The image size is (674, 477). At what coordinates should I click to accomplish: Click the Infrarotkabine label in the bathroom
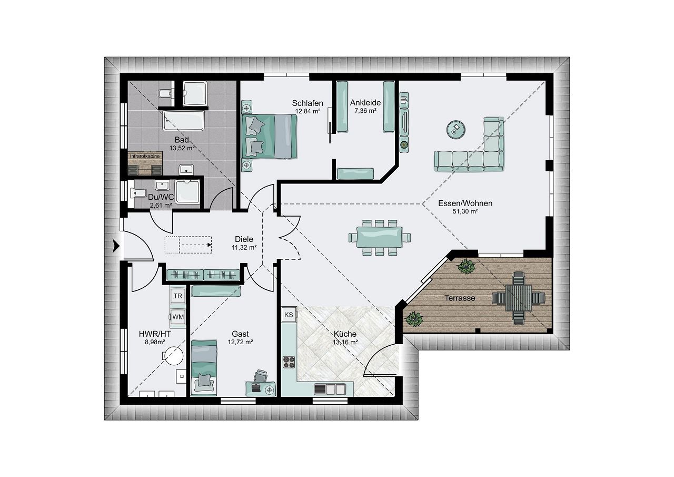145,157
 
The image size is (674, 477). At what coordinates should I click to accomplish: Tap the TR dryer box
178,296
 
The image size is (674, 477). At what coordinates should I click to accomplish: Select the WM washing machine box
178,317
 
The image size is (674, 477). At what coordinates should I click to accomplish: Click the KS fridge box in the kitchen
289,315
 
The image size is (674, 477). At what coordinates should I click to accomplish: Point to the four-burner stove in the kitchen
289,362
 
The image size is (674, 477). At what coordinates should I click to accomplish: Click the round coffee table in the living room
456,130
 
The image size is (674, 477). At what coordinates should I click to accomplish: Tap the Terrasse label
460,298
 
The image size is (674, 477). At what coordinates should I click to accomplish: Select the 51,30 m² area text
465,211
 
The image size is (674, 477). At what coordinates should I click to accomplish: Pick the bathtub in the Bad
184,121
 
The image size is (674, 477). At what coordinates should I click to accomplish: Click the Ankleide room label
365,103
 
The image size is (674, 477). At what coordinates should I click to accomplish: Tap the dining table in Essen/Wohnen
379,237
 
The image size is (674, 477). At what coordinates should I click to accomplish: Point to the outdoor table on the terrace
519,298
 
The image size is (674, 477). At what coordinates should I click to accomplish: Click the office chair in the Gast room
260,376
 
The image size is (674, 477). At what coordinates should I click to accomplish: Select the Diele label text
244,239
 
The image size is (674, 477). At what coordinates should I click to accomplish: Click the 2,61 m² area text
161,206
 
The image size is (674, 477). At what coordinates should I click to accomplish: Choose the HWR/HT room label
155,334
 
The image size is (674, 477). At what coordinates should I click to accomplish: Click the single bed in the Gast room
204,368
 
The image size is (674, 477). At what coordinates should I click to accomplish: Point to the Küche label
345,334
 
